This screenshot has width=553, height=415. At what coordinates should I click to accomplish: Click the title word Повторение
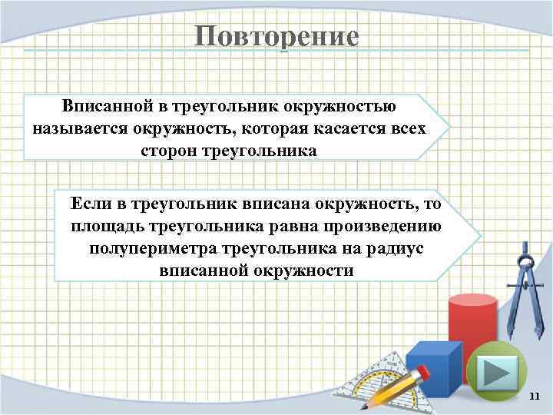pos(276,36)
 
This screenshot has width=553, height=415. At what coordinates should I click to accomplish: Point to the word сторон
pos(168,150)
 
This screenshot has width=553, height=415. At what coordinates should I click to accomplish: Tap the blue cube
pos(433,369)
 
